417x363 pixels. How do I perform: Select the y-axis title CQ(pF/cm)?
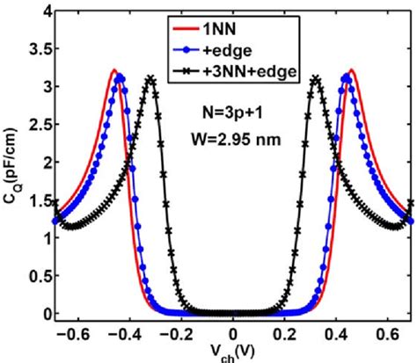[x=11, y=167]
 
